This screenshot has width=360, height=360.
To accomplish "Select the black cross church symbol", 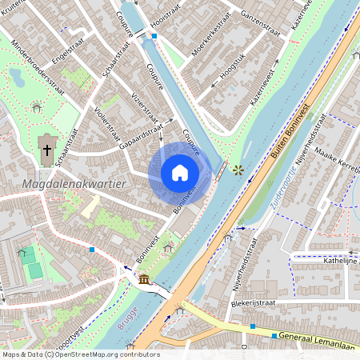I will (x=47, y=150).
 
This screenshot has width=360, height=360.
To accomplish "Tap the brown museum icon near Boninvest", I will (x=144, y=279).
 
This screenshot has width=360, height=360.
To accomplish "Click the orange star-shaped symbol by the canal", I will (x=237, y=170).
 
